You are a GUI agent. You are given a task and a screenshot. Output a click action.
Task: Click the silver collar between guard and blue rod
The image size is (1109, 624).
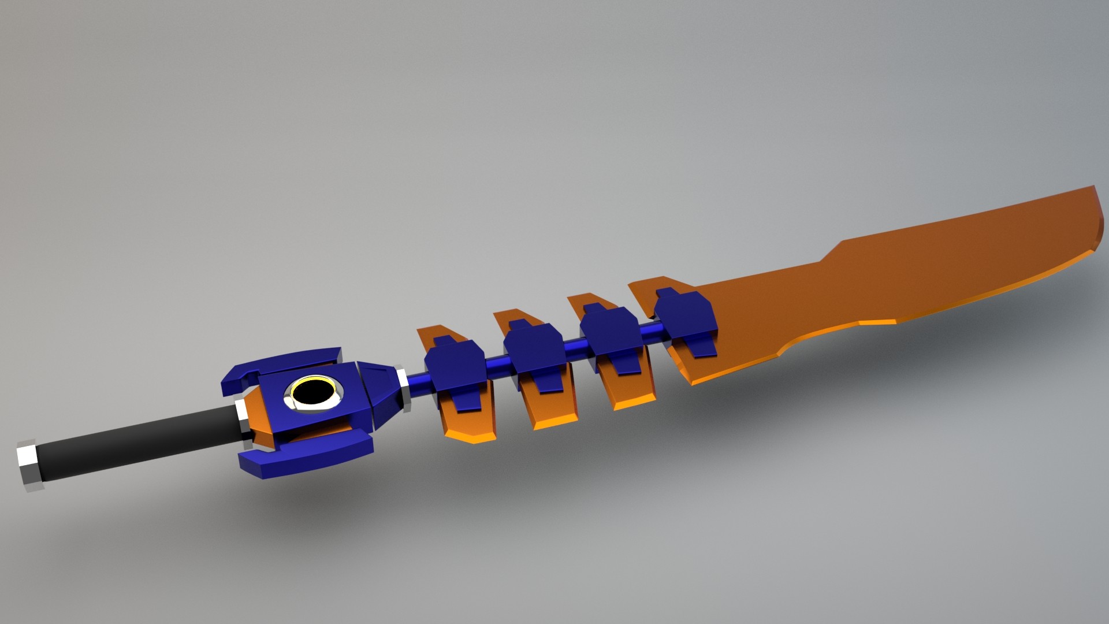(403, 387)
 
